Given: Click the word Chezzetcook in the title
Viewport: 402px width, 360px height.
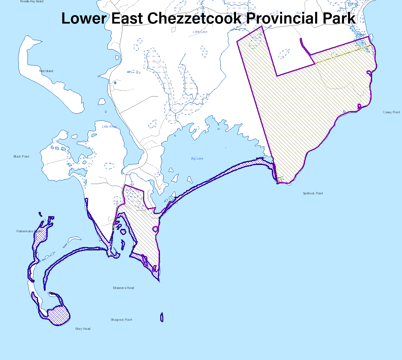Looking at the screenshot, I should (194, 18).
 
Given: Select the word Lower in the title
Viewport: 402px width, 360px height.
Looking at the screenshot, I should (83, 18).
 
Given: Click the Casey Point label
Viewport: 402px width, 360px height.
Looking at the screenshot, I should (391, 112).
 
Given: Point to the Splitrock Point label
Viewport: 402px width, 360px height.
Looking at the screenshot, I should (313, 193).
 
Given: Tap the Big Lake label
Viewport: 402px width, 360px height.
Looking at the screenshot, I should (197, 159).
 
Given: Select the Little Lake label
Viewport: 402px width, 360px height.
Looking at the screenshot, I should (200, 32).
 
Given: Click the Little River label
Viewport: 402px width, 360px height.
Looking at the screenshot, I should (109, 127).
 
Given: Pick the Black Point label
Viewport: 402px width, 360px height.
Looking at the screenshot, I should (21, 157).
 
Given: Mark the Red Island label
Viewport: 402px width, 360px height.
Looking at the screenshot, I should (46, 71).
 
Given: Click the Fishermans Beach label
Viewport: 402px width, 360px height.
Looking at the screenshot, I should (29, 231).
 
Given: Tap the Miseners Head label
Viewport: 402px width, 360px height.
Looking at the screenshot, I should (123, 288).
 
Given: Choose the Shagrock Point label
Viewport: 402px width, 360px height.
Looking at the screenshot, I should (121, 320).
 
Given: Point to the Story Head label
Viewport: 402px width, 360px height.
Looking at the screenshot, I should (83, 329).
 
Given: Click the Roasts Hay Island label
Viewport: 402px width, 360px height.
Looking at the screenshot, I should (32, 2).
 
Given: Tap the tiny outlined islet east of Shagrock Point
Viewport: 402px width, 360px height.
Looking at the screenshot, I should (162, 317).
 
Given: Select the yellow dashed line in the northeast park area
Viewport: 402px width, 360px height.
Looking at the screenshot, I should (342, 55).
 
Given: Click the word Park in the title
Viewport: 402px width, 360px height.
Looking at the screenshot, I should (339, 18).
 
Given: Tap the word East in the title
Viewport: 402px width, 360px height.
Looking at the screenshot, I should (127, 18).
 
